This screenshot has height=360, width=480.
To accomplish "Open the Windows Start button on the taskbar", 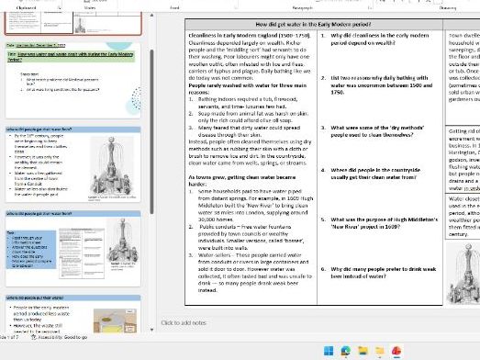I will (x=329, y=351).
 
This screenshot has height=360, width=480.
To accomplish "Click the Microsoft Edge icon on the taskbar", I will (x=346, y=351).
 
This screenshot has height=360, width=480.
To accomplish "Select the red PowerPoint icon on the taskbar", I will (x=396, y=351).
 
